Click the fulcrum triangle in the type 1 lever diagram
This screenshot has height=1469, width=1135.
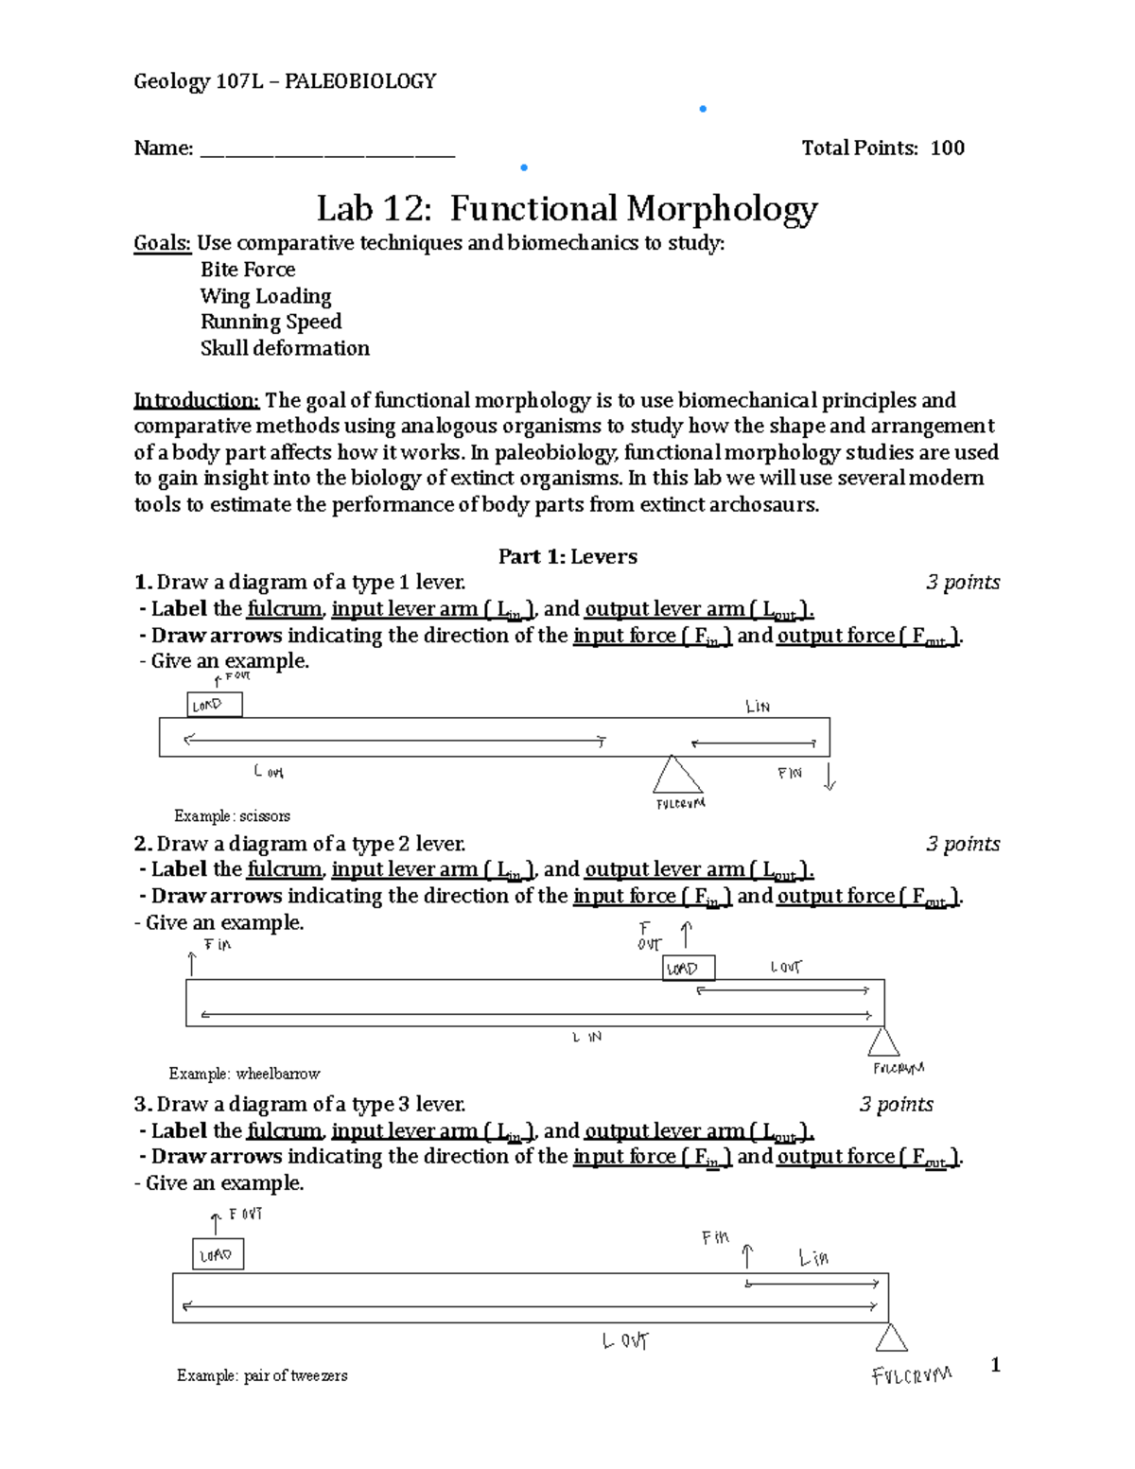pyautogui.click(x=677, y=777)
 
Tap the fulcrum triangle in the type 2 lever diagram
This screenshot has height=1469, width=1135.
pyautogui.click(x=883, y=1043)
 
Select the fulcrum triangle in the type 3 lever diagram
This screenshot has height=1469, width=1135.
pyautogui.click(x=890, y=1338)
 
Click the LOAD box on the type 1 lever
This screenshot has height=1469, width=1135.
pyautogui.click(x=215, y=705)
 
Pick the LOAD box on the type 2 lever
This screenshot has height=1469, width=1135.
pyautogui.click(x=688, y=968)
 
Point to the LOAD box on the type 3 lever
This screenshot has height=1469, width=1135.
pyautogui.click(x=218, y=1254)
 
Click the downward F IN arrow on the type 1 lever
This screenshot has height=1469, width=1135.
pyautogui.click(x=829, y=777)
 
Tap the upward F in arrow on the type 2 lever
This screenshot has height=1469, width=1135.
pyautogui.click(x=192, y=964)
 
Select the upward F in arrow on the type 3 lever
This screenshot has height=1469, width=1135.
pyautogui.click(x=748, y=1255)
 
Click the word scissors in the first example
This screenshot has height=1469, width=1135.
pyautogui.click(x=265, y=815)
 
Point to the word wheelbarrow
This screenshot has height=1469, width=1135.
pyautogui.click(x=278, y=1074)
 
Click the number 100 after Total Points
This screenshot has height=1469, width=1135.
pyautogui.click(x=947, y=148)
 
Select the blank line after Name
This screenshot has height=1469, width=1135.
pyautogui.click(x=327, y=149)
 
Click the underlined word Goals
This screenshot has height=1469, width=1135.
pyautogui.click(x=162, y=243)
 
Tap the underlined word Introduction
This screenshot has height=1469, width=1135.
pyautogui.click(x=196, y=400)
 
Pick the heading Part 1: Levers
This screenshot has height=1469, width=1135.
pyautogui.click(x=567, y=556)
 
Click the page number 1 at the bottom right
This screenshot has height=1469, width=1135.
pyautogui.click(x=994, y=1364)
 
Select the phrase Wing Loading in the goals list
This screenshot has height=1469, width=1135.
pyautogui.click(x=266, y=296)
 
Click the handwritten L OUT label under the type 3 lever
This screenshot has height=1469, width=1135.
pyautogui.click(x=625, y=1340)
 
